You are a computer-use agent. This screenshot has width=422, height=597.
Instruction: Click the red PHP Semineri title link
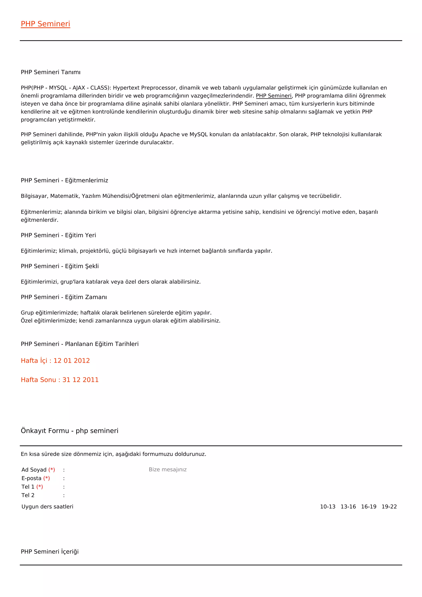click(x=46, y=24)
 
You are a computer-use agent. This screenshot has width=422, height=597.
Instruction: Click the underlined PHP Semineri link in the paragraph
click(x=274, y=96)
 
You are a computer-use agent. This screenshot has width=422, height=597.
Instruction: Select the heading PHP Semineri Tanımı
click(x=51, y=72)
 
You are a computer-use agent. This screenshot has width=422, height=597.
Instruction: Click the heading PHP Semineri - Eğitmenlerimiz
click(x=64, y=180)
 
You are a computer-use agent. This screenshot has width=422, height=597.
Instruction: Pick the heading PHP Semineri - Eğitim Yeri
click(x=59, y=235)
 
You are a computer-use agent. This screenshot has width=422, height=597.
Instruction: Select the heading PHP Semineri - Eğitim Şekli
click(x=60, y=266)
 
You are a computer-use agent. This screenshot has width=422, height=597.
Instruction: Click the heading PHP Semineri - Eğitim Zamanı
click(x=64, y=297)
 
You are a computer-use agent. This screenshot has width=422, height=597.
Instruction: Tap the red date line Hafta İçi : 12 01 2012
click(x=55, y=361)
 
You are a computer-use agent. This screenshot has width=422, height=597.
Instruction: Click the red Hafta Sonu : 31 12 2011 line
click(x=60, y=380)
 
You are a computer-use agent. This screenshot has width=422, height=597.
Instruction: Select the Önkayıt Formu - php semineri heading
click(x=69, y=431)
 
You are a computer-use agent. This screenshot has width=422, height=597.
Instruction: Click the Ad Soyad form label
click(x=34, y=470)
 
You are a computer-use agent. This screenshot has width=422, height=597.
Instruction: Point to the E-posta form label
click(x=32, y=478)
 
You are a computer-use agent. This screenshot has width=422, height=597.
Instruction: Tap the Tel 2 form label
click(x=28, y=495)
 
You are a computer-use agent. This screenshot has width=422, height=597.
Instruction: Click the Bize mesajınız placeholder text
click(x=168, y=470)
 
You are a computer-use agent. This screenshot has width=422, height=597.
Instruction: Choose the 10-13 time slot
click(x=328, y=507)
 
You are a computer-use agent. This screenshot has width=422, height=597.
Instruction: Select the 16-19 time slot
click(x=369, y=507)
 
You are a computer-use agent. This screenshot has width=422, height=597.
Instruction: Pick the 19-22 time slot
click(x=389, y=507)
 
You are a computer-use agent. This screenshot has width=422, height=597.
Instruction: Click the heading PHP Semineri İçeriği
click(x=50, y=552)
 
